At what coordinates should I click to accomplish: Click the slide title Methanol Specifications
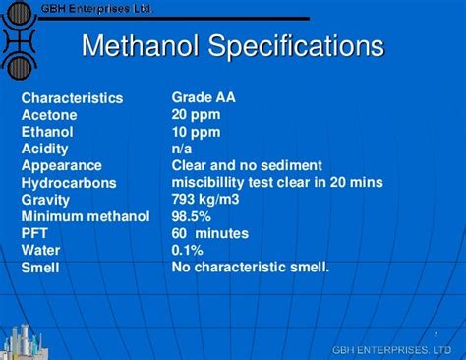232,46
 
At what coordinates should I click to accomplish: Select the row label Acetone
48,115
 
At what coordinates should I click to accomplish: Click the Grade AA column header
204,97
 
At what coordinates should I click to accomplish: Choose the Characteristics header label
73,98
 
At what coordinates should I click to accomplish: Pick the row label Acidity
46,150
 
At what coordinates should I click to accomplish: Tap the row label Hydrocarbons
69,183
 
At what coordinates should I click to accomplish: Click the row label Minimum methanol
86,216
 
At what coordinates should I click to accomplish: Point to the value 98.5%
192,216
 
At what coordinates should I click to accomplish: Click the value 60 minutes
209,233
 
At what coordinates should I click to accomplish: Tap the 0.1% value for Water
188,250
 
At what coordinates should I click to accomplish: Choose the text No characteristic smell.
251,267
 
